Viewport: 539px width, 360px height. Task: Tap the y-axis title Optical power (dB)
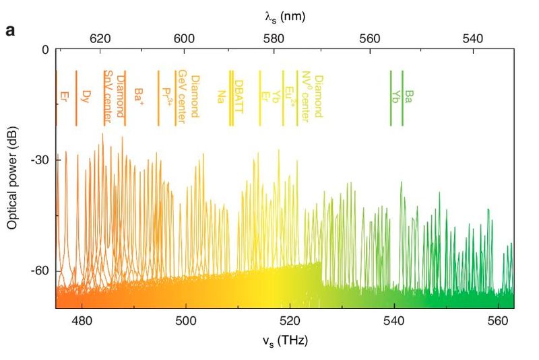13,174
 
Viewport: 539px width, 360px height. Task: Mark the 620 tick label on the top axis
100,38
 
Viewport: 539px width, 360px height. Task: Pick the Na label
220,96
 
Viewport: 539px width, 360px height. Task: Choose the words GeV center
182,96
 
